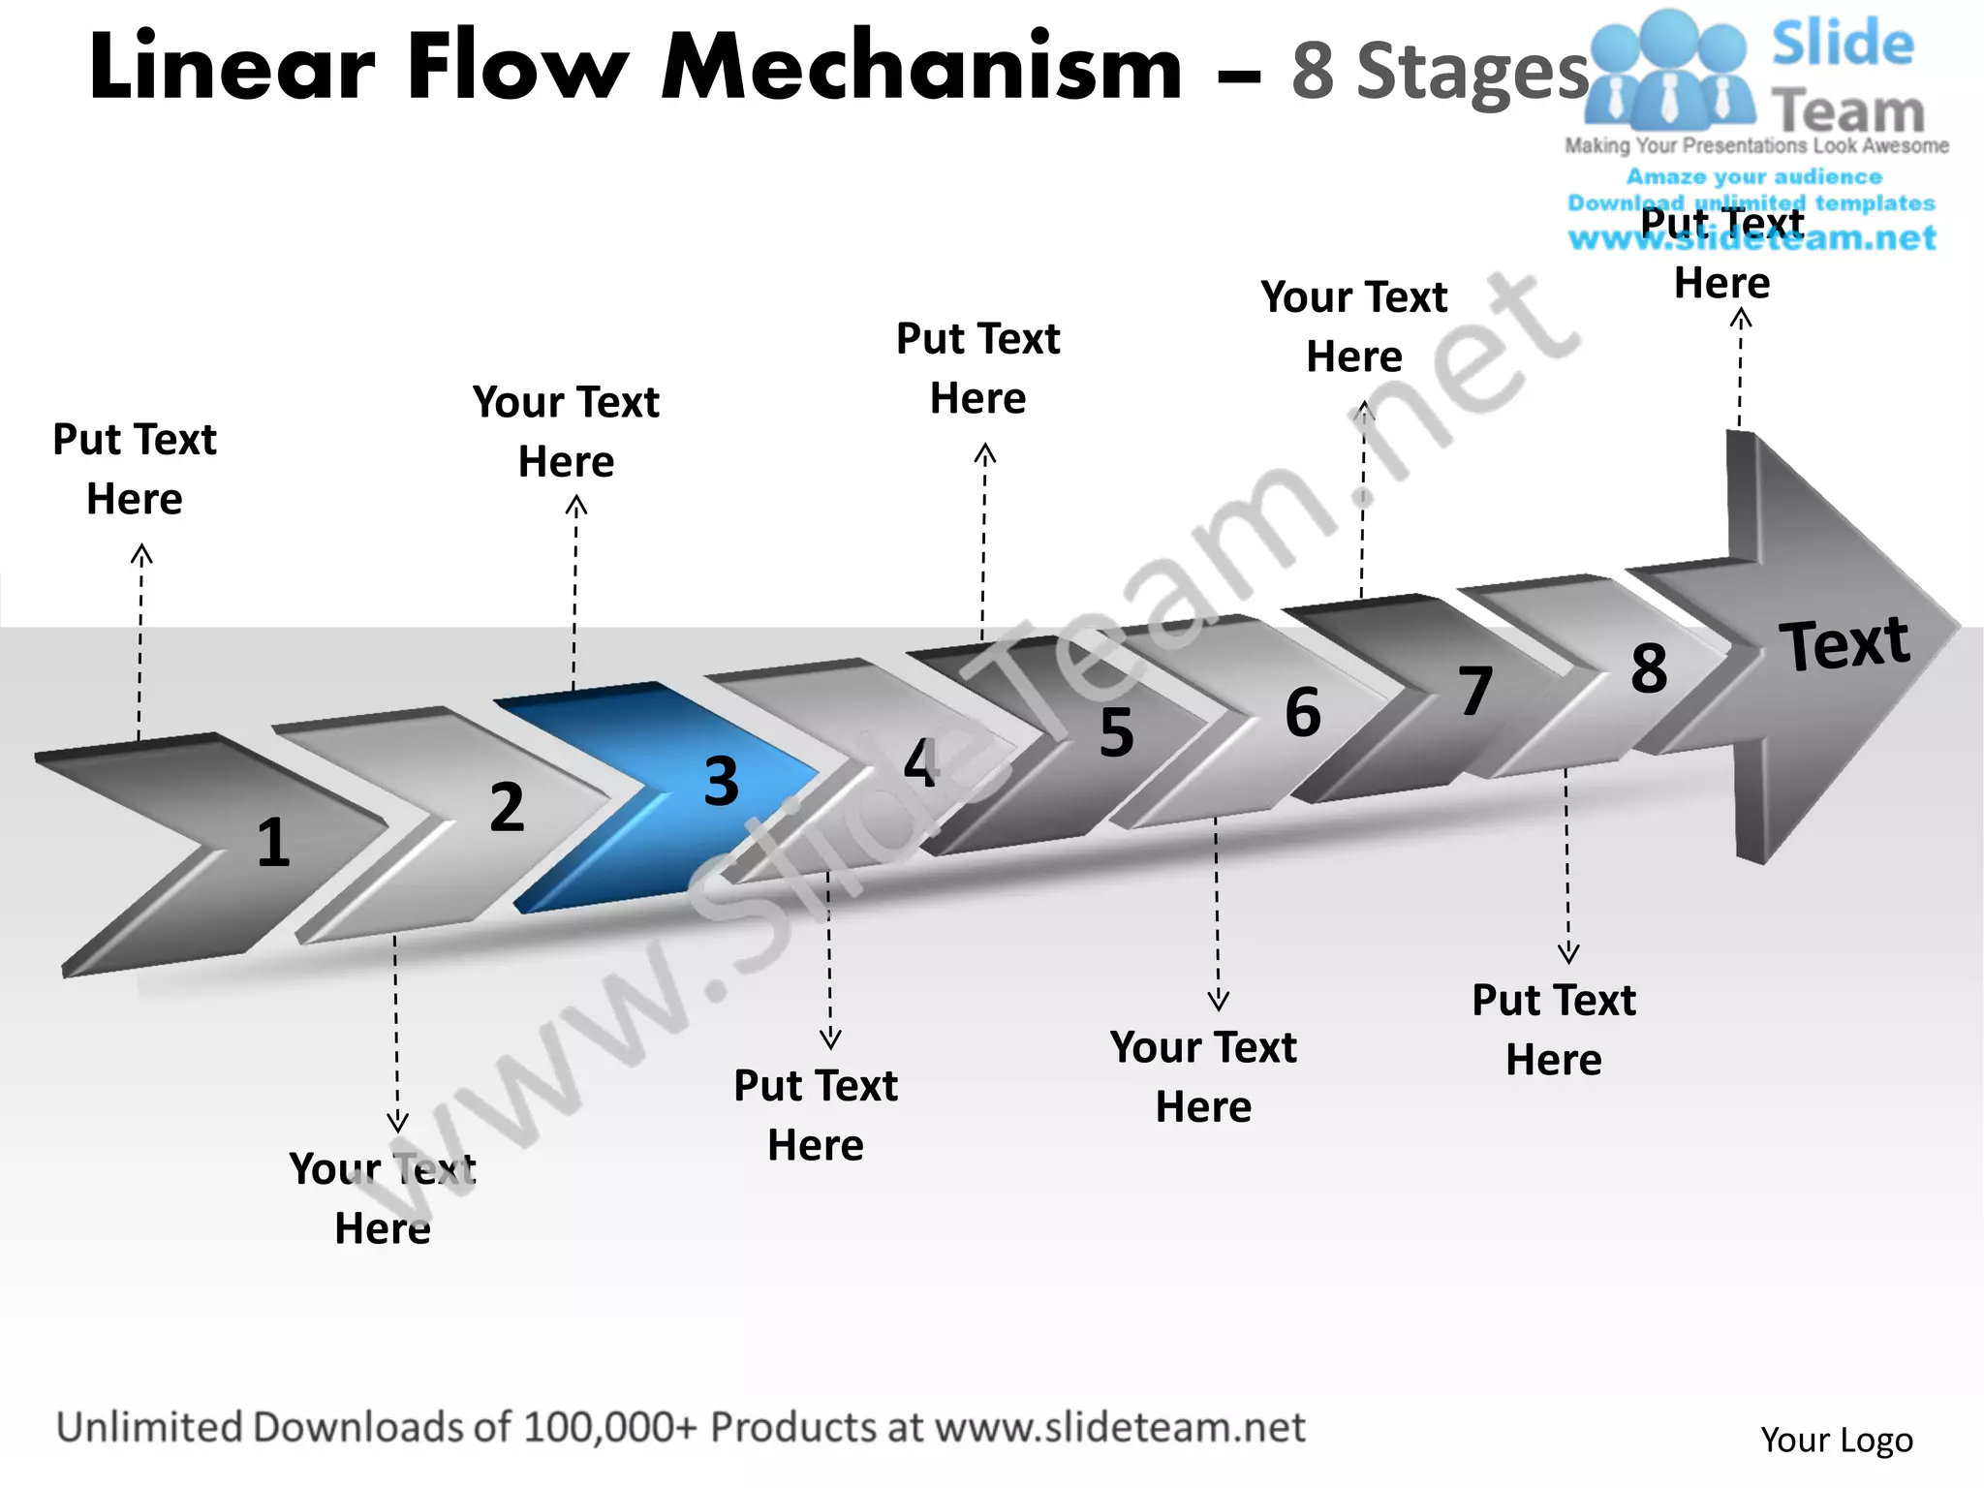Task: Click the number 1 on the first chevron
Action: [x=273, y=843]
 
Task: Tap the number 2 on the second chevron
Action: [x=507, y=807]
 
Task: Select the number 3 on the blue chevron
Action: [x=721, y=782]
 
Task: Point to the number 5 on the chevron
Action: [x=1116, y=732]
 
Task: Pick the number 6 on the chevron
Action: [x=1303, y=713]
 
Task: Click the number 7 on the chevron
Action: [x=1475, y=691]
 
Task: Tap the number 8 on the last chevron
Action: [x=1649, y=668]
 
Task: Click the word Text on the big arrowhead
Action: [x=1844, y=643]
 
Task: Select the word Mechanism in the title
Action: [x=921, y=68]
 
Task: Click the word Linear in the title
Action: [x=232, y=68]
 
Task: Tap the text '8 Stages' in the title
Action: [x=1440, y=72]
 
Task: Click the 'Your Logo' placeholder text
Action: [x=1837, y=1441]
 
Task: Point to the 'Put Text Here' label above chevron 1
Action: [x=135, y=469]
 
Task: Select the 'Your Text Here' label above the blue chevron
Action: [x=566, y=431]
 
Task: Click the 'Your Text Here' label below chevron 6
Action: [x=1203, y=1076]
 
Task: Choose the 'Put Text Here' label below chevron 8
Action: [x=1554, y=1029]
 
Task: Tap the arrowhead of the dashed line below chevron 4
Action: [x=830, y=1039]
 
